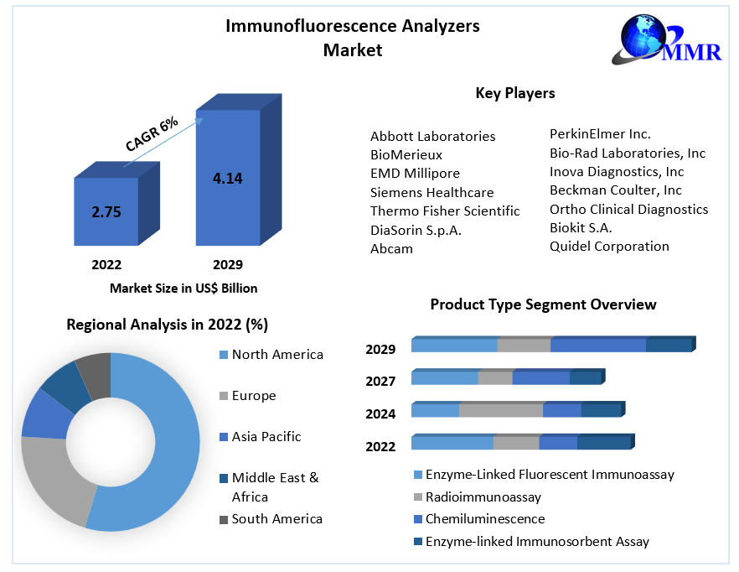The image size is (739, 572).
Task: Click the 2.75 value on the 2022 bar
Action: coord(106,212)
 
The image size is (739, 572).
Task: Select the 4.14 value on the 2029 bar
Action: coord(228,178)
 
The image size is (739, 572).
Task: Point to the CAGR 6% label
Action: coord(152,134)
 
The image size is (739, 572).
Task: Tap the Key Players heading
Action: coord(515,93)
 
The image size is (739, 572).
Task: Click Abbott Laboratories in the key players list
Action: coord(432,136)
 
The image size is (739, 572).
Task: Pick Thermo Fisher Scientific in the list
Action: coord(445,211)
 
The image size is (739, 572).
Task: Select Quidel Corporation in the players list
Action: coord(609,247)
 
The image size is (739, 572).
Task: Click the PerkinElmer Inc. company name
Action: coord(600,133)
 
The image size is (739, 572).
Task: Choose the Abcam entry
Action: coord(391,249)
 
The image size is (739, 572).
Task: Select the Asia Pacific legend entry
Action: coord(266,437)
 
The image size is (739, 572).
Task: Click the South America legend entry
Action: coord(276,519)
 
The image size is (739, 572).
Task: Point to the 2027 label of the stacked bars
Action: coord(380,382)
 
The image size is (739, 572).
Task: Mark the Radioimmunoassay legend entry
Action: coord(483,497)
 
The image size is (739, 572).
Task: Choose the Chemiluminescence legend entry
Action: coord(484,519)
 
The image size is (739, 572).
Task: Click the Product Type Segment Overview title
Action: coord(543,304)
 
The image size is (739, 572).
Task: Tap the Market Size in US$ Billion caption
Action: coord(183,289)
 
